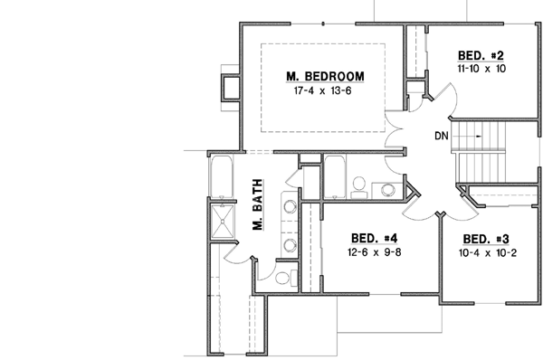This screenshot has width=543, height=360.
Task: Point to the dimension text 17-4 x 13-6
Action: pyautogui.click(x=323, y=91)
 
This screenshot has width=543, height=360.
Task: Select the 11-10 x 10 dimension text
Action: pyautogui.click(x=482, y=69)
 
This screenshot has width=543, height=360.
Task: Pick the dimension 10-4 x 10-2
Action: pyautogui.click(x=488, y=253)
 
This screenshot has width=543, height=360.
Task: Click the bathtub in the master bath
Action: pyautogui.click(x=221, y=176)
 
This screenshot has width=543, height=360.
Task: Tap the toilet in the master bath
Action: pyautogui.click(x=282, y=279)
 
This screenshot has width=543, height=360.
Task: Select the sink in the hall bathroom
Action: pyautogui.click(x=387, y=189)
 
